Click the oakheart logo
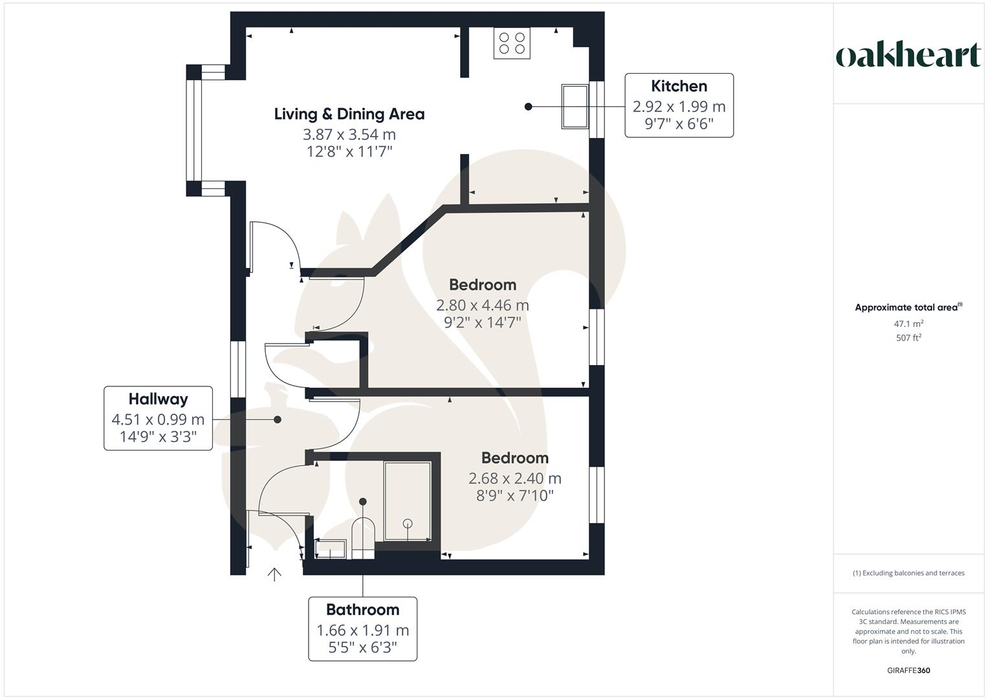[x=908, y=56]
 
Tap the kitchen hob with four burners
[x=512, y=43]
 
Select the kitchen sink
[x=574, y=106]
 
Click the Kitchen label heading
[x=679, y=86]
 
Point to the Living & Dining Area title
[x=349, y=114]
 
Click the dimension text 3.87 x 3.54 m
[x=349, y=135]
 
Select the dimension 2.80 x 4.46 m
[x=483, y=305]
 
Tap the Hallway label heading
[x=158, y=399]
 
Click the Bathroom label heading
[x=362, y=610]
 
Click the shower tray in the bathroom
[x=408, y=500]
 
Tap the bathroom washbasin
[x=331, y=549]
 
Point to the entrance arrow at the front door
[x=274, y=574]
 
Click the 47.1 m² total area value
[x=908, y=324]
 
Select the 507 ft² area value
[x=908, y=338]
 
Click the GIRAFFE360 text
[x=908, y=671]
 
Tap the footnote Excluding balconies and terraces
[x=908, y=573]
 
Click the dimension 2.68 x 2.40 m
[x=515, y=478]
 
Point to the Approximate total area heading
[x=908, y=307]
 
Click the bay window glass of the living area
[x=192, y=130]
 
